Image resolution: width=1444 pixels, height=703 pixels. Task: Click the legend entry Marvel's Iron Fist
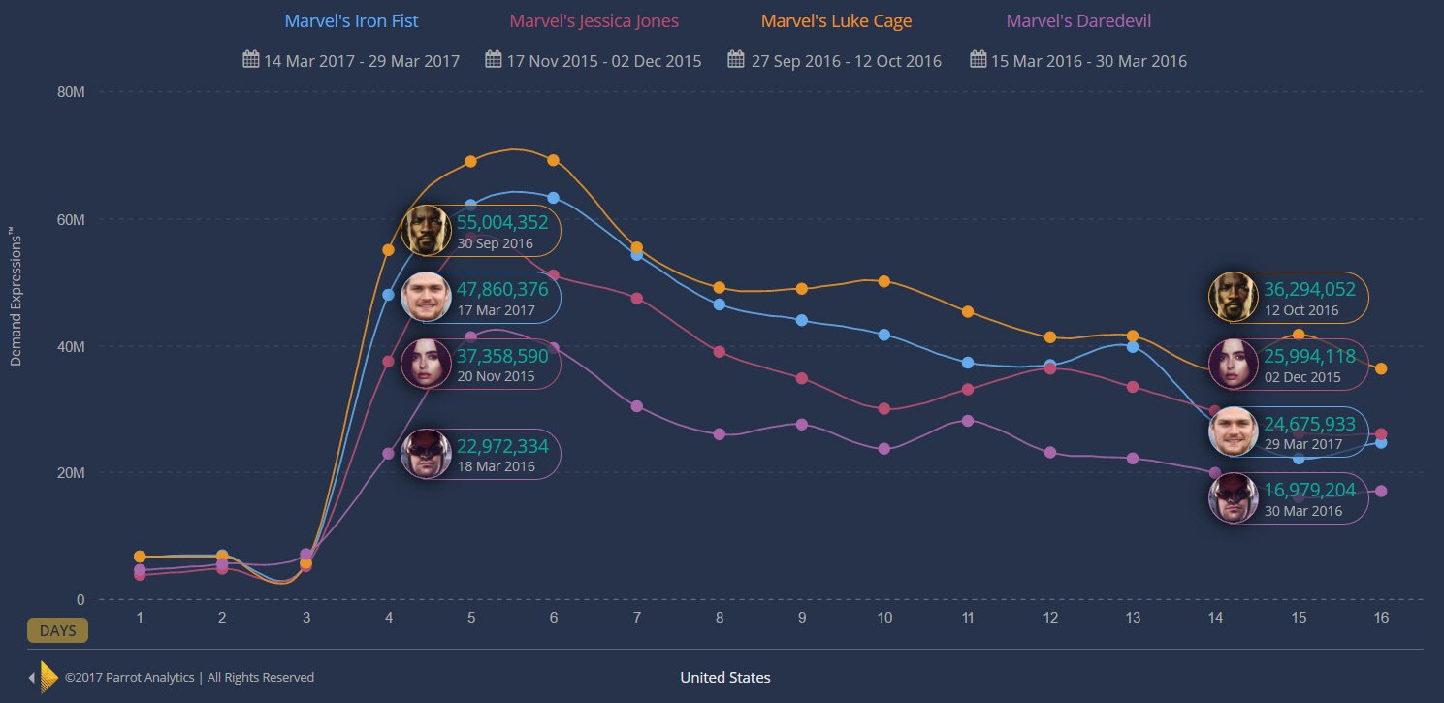point(351,20)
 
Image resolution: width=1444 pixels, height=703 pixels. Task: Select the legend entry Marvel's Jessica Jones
point(594,20)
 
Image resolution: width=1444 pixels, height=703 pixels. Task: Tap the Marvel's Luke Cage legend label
point(836,20)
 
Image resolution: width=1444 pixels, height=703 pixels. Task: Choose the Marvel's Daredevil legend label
point(1078,20)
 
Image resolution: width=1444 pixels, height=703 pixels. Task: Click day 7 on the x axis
point(636,618)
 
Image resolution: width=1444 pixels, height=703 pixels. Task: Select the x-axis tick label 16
point(1381,618)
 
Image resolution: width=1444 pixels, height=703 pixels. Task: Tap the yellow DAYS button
point(57,630)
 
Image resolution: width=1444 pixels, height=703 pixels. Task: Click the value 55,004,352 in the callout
point(502,222)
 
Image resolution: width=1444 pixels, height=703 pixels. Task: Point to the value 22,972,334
point(502,446)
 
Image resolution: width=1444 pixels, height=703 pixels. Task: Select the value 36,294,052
point(1309,289)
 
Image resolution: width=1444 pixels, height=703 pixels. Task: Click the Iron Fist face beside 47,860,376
point(426,298)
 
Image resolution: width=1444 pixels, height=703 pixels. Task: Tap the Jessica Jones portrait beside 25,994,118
point(1234,364)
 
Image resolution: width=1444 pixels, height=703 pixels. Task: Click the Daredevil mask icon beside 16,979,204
point(1234,498)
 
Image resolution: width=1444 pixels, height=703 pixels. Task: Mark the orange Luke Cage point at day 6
point(554,160)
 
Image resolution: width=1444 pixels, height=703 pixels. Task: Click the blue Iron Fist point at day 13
point(1133,346)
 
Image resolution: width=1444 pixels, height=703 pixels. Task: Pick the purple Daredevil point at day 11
point(968,420)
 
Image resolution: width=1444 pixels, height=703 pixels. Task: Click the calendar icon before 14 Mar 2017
point(250,60)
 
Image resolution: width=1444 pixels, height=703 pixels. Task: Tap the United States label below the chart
point(725,677)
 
